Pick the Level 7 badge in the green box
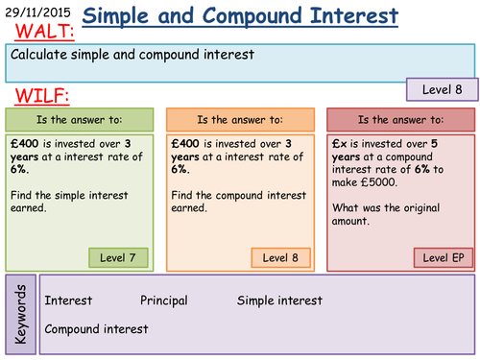(x=120, y=257)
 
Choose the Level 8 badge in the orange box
(x=280, y=257)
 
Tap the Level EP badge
(x=443, y=257)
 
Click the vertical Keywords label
(x=23, y=314)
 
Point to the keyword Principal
(x=164, y=300)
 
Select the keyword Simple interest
(x=279, y=300)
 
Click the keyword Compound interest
(x=96, y=328)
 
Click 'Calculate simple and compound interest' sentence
(x=132, y=54)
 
